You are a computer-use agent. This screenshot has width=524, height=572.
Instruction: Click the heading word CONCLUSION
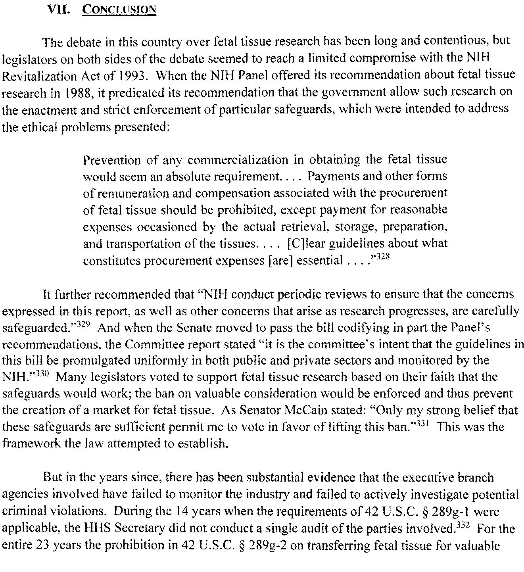tap(119, 9)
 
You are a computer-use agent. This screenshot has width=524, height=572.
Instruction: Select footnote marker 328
tap(383, 257)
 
